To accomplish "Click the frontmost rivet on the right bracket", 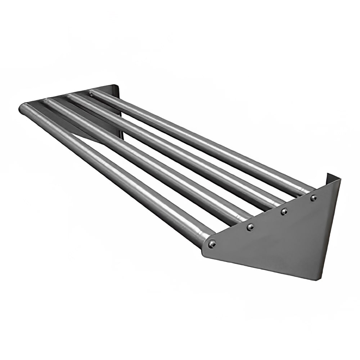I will click(212, 244).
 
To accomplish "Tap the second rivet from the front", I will click(250, 227).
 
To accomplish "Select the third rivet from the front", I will click(284, 211).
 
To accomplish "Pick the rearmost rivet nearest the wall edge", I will click(314, 198).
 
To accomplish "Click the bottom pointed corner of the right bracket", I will click(312, 279).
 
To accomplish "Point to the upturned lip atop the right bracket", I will click(333, 177).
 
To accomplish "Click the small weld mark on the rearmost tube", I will click(91, 95).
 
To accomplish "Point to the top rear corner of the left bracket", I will click(117, 86).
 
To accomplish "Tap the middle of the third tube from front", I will click(173, 151).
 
